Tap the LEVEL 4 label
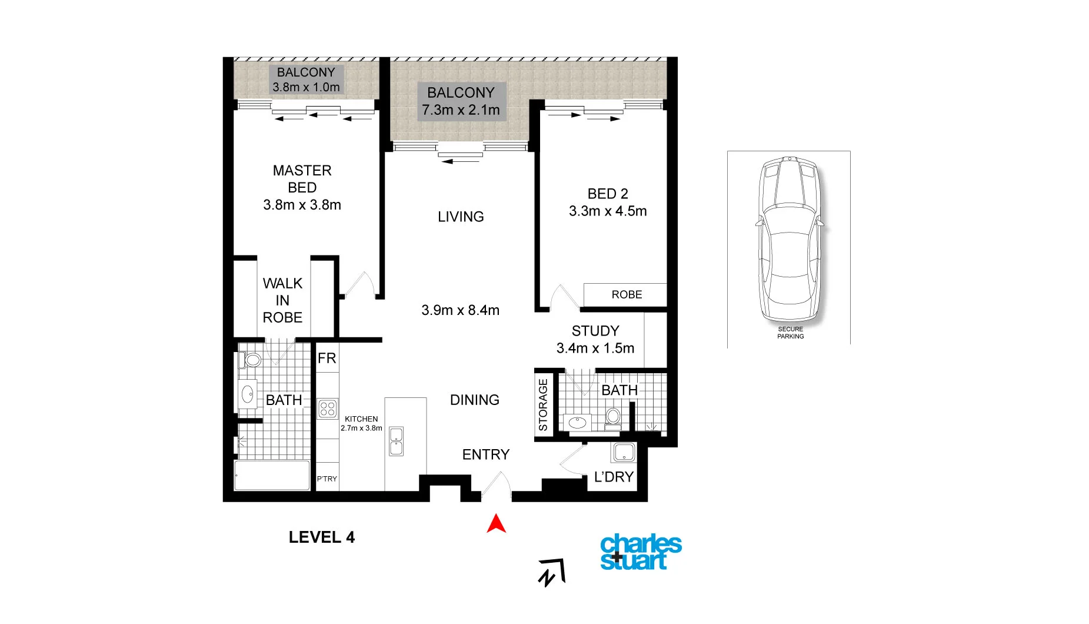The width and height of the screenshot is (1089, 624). pyautogui.click(x=322, y=537)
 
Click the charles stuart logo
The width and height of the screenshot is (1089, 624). pyautogui.click(x=640, y=552)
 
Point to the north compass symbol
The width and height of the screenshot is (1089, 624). pyautogui.click(x=551, y=572)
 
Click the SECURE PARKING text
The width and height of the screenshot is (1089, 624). pyautogui.click(x=790, y=333)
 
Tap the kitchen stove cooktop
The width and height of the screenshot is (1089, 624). pyautogui.click(x=327, y=409)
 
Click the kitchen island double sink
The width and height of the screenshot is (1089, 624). pyautogui.click(x=396, y=442)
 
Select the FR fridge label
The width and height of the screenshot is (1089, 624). pyautogui.click(x=327, y=358)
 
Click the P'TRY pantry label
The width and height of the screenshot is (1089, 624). pyautogui.click(x=327, y=479)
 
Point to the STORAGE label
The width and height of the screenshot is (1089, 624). pyautogui.click(x=543, y=404)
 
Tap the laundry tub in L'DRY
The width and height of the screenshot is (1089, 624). pyautogui.click(x=623, y=453)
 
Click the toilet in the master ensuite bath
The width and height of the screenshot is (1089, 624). pyautogui.click(x=252, y=359)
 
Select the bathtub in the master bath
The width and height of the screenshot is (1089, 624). pyautogui.click(x=272, y=475)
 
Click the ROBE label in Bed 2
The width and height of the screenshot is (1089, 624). pyautogui.click(x=627, y=294)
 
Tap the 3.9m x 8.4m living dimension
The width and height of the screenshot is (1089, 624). pyautogui.click(x=460, y=310)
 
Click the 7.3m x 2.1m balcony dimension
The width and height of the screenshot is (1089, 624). pyautogui.click(x=461, y=110)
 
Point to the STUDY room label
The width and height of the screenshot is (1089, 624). pyautogui.click(x=595, y=331)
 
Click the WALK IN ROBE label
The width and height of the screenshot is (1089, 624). pyautogui.click(x=282, y=300)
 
